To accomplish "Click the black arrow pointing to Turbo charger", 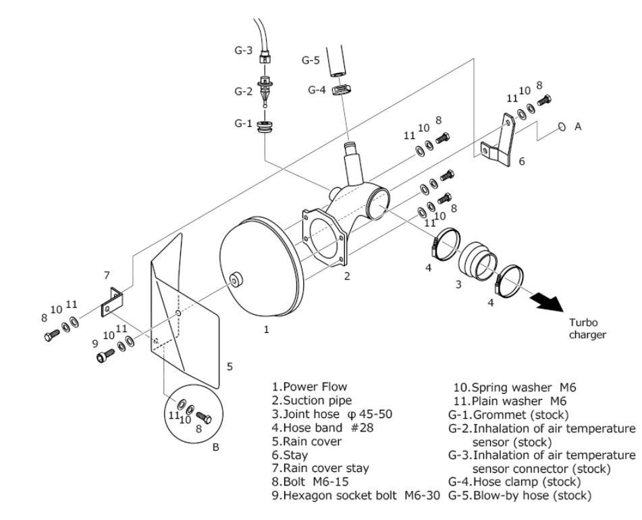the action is pos(548,302).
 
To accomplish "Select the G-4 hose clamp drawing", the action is pos(341,90).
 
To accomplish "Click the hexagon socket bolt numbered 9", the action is pos(105,355).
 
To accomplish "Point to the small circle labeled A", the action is pos(562,127).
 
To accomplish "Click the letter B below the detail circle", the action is pos(216,447).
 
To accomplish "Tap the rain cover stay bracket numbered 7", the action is pos(111,301).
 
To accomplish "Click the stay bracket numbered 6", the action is pos(497,140).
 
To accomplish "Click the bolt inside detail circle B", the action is pos(203,417).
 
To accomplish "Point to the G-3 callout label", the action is pos(243,51).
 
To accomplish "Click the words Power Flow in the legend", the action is pos(315,387).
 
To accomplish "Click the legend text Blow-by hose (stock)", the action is pos(532,496).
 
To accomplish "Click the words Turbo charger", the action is pos(587,329).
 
